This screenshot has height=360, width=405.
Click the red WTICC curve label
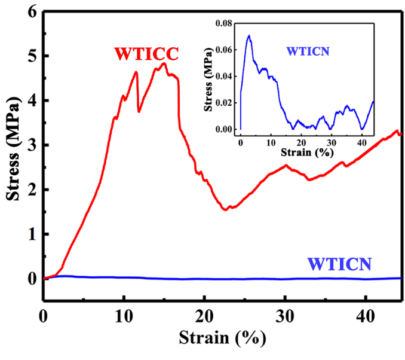[146, 54]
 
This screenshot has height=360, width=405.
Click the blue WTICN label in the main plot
[339, 263]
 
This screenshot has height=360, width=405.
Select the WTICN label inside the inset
[308, 52]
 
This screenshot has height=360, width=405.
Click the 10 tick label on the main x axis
[124, 315]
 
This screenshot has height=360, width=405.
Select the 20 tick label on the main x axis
[204, 315]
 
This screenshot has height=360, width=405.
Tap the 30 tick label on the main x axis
[285, 315]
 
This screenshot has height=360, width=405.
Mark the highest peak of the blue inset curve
[248, 35]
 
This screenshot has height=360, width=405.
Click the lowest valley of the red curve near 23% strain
[225, 210]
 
